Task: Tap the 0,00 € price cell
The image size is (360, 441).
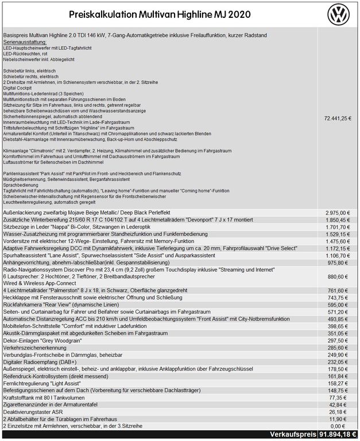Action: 340,427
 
